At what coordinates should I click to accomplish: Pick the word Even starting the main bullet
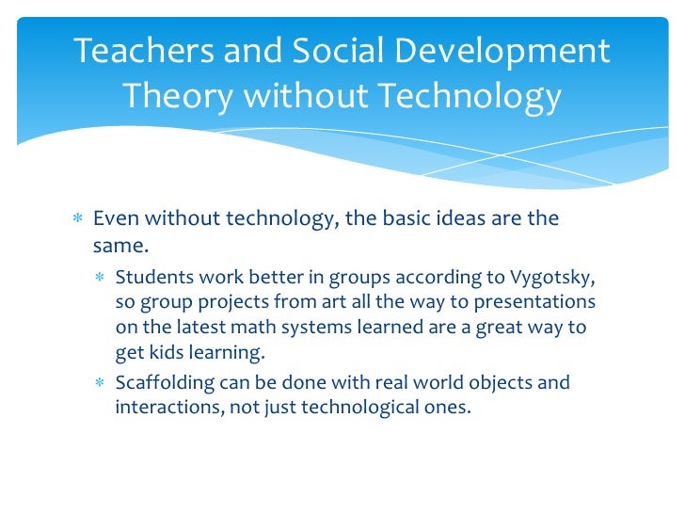(x=113, y=218)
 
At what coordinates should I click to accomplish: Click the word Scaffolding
(x=162, y=383)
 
